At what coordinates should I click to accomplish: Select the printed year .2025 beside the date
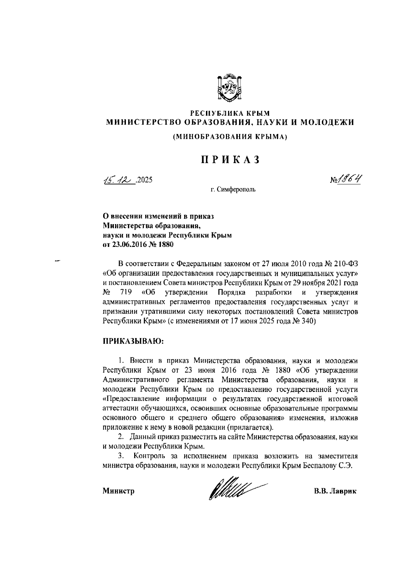pyautogui.click(x=144, y=180)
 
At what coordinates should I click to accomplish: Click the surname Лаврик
pyautogui.click(x=343, y=491)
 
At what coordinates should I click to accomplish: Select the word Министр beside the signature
pyautogui.click(x=118, y=491)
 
